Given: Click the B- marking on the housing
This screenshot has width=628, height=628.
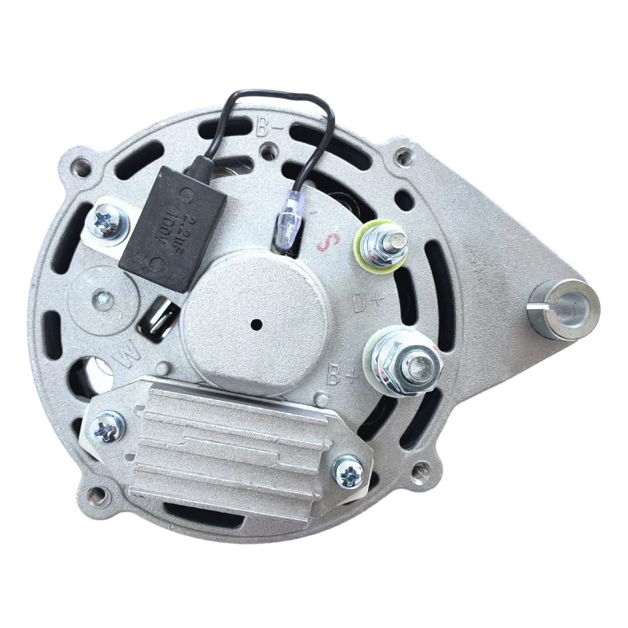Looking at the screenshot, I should click(x=268, y=127).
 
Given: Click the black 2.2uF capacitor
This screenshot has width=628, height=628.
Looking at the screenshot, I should click(x=172, y=229).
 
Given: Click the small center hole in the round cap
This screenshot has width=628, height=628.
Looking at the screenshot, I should click(x=256, y=324).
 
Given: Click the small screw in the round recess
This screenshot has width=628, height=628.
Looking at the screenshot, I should click(x=104, y=297).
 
